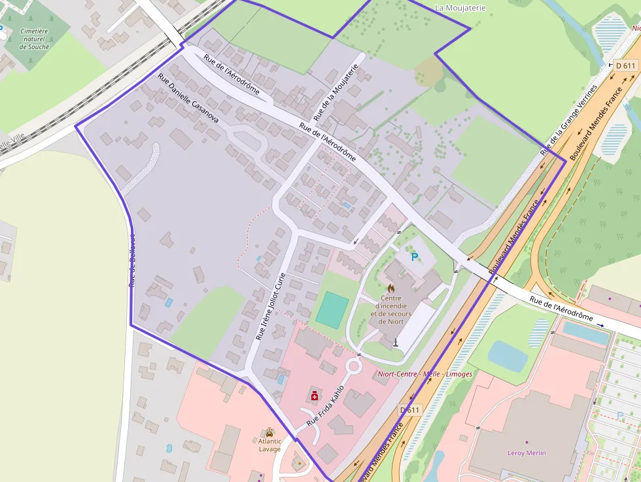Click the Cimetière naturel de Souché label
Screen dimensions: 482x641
(x=35, y=39)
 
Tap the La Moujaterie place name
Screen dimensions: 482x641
(x=460, y=8)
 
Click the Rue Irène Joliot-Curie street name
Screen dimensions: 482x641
(x=271, y=306)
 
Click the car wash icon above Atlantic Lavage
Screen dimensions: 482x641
(x=269, y=432)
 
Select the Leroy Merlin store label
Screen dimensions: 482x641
(x=527, y=453)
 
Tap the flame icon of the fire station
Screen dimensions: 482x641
(x=391, y=288)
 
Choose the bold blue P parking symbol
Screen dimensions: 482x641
(x=414, y=258)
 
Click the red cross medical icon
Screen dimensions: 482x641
(x=315, y=396)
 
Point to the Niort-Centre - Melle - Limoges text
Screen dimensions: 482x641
(x=424, y=374)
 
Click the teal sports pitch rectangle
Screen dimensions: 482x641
(x=332, y=310)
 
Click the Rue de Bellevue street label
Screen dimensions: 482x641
(x=131, y=260)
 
